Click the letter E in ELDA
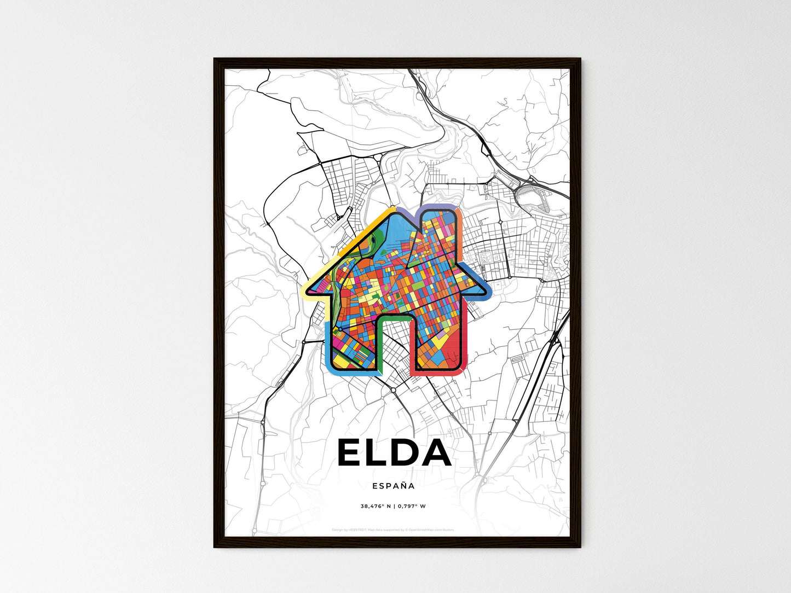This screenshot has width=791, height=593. pos(352,453)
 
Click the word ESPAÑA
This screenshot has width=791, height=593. pos(393,486)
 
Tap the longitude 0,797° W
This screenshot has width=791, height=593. pos(412,506)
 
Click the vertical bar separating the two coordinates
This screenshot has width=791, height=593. pos(393,506)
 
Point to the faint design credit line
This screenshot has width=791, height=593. pos(393,530)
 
